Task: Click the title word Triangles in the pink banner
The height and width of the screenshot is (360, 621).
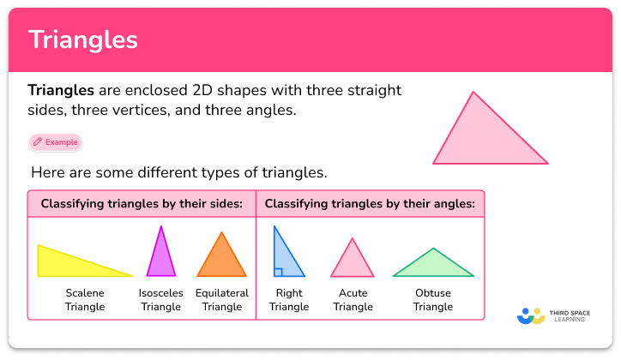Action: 83,40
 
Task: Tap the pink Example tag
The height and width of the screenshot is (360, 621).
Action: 56,142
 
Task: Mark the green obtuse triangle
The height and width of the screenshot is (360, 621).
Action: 433,267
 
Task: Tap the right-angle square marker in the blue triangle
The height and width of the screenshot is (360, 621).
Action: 278,273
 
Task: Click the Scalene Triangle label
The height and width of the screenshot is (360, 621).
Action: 85,300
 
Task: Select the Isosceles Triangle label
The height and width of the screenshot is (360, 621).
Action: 160,300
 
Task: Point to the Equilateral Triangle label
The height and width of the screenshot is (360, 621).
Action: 222,300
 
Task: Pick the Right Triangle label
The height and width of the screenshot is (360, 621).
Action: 289,300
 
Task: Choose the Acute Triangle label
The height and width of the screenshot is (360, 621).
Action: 353,300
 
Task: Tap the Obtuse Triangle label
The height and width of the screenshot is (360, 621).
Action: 433,300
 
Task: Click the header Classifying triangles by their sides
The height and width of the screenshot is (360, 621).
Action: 142,204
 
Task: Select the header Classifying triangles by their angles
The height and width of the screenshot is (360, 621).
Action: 370,204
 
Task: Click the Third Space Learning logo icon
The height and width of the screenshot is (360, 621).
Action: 531,315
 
